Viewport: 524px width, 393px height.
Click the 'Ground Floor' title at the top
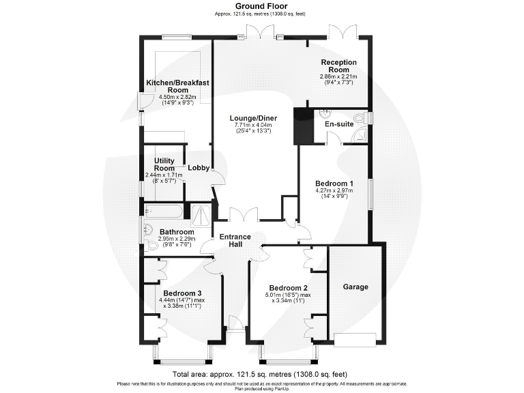tap(261, 5)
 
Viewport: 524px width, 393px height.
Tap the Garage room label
tap(355, 287)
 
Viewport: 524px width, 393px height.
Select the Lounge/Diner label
tap(253, 117)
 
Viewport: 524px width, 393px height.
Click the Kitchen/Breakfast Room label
tap(177, 86)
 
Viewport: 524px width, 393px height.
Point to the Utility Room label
tap(164, 164)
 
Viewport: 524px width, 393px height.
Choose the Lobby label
tap(199, 168)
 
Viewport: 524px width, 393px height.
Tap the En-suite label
tap(338, 125)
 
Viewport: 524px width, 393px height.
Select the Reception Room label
tap(339, 66)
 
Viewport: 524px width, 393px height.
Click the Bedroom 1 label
tap(334, 184)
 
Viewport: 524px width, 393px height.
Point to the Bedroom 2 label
tap(288, 287)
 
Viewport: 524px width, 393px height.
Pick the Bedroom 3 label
tap(181, 293)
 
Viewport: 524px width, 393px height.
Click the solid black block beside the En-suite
tap(302, 126)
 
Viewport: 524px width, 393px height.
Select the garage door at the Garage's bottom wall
tap(355, 338)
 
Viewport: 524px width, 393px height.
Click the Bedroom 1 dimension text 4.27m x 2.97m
tap(334, 191)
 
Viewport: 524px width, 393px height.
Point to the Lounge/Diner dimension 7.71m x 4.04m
tap(253, 126)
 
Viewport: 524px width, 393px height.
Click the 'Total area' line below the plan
tap(260, 375)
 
